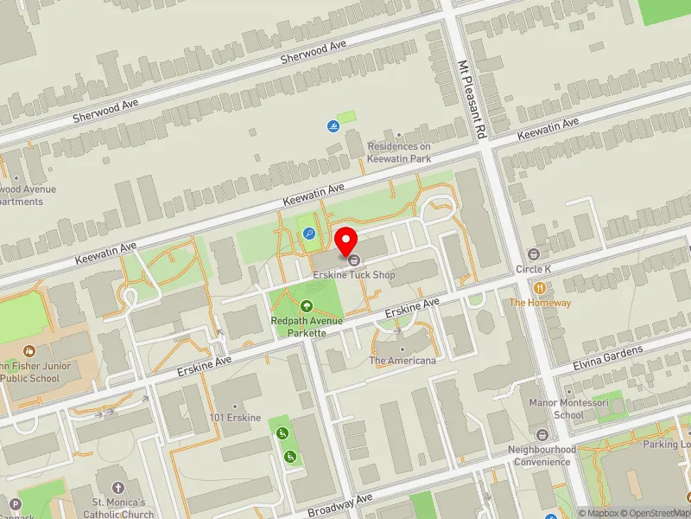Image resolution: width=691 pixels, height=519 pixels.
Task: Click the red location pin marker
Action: (x=346, y=240)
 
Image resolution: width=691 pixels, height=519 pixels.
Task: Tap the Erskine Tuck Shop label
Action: (x=353, y=275)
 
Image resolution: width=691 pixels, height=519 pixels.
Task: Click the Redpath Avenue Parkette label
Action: (x=307, y=326)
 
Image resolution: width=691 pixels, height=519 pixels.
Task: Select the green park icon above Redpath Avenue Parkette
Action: (x=306, y=305)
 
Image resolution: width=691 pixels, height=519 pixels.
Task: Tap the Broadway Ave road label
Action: (x=340, y=504)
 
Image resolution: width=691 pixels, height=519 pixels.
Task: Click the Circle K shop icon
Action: (x=533, y=253)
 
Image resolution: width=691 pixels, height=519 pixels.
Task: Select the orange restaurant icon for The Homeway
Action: (x=540, y=288)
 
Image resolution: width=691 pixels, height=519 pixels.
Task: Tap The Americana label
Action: (x=403, y=360)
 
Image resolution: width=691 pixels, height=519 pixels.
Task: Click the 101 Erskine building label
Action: (x=235, y=418)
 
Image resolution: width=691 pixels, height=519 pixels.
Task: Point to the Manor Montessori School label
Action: (x=557, y=408)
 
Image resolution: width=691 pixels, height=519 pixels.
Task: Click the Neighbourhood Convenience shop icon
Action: (x=542, y=434)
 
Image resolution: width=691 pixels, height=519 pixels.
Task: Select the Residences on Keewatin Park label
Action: (x=399, y=152)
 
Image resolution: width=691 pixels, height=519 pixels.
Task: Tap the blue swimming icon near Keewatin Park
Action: (x=333, y=126)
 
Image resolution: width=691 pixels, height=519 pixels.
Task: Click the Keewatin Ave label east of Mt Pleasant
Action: (x=548, y=129)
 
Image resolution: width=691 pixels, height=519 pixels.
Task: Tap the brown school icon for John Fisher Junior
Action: (x=29, y=351)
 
